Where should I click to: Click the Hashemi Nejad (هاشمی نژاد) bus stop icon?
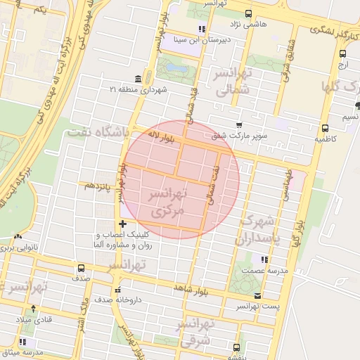coord(247,13)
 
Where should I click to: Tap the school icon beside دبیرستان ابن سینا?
coord(202,30)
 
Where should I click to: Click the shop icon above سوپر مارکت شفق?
coord(239,125)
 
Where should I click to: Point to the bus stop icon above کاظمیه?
coord(325,129)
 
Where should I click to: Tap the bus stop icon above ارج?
coord(342,53)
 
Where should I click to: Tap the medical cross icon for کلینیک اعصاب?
coord(122,224)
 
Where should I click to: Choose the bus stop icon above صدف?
coord(81,268)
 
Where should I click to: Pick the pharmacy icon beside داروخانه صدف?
coord(117,288)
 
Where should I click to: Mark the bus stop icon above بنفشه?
coord(237,347)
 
